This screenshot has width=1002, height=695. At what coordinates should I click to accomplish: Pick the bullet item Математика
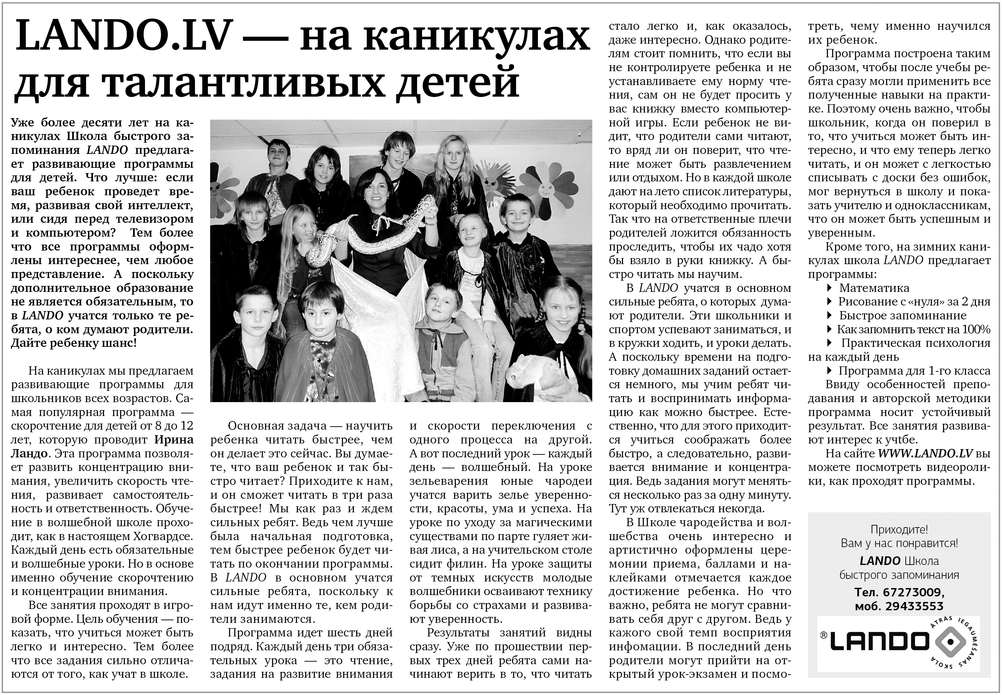(x=874, y=288)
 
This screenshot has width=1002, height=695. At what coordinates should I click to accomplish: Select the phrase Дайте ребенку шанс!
(x=73, y=343)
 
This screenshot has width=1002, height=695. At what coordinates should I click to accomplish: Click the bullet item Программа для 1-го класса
(x=915, y=371)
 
